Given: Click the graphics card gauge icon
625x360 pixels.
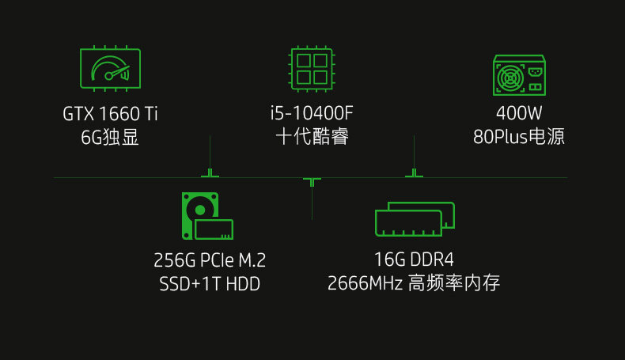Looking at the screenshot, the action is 110,68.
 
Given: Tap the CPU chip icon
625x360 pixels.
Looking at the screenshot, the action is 312,67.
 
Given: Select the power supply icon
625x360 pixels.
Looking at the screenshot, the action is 518,75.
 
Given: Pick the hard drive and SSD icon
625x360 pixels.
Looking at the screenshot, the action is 207,216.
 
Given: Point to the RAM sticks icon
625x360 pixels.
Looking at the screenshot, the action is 415,218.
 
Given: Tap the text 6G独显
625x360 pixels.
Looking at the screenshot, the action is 110,137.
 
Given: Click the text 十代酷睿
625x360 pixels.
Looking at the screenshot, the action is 312,137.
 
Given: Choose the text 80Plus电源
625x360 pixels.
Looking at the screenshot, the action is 518,137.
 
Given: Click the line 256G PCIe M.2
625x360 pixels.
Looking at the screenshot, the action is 210,260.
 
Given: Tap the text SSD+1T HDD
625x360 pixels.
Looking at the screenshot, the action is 210,283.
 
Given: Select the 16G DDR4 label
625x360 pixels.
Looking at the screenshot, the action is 414,260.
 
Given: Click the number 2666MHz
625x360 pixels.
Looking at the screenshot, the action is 365,283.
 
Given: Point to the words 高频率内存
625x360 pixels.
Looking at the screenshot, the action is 453,283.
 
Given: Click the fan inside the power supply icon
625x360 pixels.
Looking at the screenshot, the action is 509,79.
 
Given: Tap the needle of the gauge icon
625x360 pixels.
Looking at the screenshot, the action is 117,73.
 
